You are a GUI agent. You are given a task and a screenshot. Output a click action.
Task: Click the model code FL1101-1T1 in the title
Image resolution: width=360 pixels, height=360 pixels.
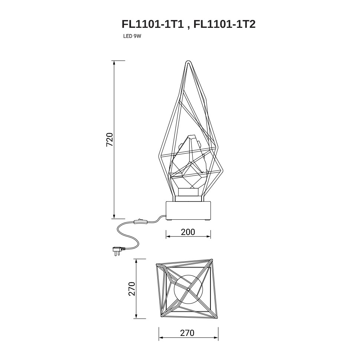[x=153, y=24]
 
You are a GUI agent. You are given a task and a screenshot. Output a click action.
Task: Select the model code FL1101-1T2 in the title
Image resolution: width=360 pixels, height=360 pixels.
[x=224, y=24]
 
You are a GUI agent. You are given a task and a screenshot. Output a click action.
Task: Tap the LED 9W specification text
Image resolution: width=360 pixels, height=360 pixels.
[x=132, y=36]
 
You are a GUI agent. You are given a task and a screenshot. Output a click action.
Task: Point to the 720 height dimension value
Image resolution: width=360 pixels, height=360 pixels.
[x=109, y=140]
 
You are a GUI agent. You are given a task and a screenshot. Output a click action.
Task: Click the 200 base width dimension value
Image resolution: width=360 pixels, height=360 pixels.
[x=188, y=232]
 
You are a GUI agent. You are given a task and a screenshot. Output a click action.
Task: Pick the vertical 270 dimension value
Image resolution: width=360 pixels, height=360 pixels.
[x=131, y=289]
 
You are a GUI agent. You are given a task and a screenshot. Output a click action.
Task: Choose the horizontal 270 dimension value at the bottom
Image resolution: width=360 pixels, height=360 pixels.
[x=187, y=333]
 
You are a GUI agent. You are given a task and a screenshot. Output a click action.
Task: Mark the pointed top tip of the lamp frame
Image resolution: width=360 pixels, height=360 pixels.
[x=188, y=61]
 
